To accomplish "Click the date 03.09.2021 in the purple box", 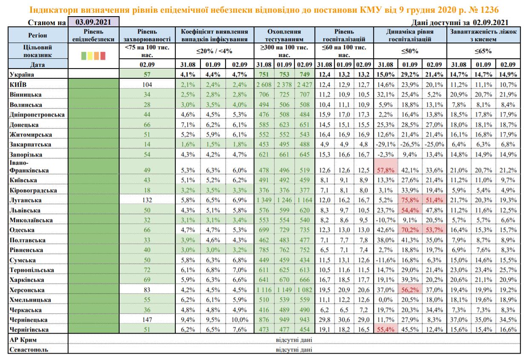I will pos(94,22).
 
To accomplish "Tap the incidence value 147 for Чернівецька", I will pos(148,320).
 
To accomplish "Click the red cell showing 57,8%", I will pos(385,170).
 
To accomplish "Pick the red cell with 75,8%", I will pos(410,200).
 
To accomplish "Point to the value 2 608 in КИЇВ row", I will pos(264,85).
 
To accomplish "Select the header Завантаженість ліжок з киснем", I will pos(483,35).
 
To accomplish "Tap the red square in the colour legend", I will pos(103,55).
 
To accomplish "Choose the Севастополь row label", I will pos(28,350).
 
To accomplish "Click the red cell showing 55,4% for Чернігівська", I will pos(385,330).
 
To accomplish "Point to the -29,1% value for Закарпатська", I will pos(385,144).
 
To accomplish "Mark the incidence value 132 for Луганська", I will pos(148,200).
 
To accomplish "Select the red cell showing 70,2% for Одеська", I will pos(410,230).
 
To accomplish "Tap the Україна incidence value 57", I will pos(148,75).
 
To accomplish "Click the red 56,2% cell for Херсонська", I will pos(410,290).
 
